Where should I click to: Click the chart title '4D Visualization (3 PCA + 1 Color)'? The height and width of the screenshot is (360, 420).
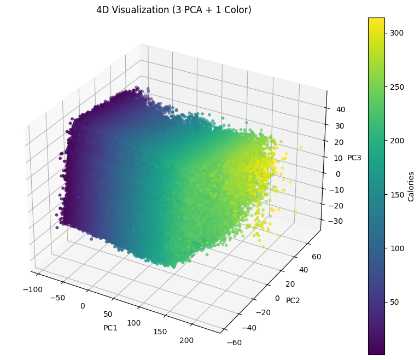click(174, 10)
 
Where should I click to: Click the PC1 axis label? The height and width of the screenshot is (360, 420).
click(110, 328)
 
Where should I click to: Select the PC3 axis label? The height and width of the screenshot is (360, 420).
click(354, 158)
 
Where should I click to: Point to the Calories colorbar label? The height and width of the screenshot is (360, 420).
click(411, 187)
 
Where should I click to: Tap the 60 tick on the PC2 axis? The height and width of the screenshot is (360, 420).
click(318, 256)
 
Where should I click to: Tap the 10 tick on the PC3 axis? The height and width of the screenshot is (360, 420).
click(339, 158)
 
